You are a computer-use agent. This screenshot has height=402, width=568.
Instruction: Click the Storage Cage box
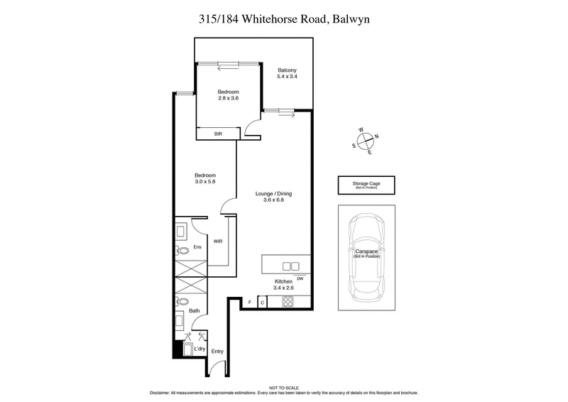click(x=366, y=185)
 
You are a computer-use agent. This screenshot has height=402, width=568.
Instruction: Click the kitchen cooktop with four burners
click(x=288, y=303)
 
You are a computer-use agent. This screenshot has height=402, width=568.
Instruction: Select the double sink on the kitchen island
click(x=291, y=266)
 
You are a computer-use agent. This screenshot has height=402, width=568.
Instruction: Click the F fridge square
click(x=250, y=303)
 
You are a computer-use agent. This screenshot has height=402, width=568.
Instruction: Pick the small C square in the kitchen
click(x=262, y=303)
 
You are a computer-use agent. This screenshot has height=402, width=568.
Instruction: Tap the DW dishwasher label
click(x=300, y=278)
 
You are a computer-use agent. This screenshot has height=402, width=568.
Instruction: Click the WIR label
click(x=218, y=241)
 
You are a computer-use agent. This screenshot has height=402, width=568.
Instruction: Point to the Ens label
click(x=198, y=246)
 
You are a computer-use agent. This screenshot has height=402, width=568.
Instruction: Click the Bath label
click(x=194, y=310)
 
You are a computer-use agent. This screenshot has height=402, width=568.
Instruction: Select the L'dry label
click(x=200, y=348)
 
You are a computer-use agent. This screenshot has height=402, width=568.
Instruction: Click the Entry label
click(x=217, y=352)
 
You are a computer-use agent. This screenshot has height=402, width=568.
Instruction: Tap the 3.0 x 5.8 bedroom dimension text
click(x=205, y=183)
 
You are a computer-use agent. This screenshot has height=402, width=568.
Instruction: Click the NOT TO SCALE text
click(x=283, y=386)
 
